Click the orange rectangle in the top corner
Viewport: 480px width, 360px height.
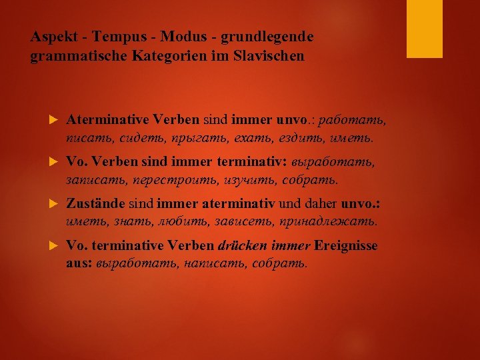click(x=425, y=28)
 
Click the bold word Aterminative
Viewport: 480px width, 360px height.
click(x=108, y=121)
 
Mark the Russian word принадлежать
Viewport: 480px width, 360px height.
click(x=339, y=221)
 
